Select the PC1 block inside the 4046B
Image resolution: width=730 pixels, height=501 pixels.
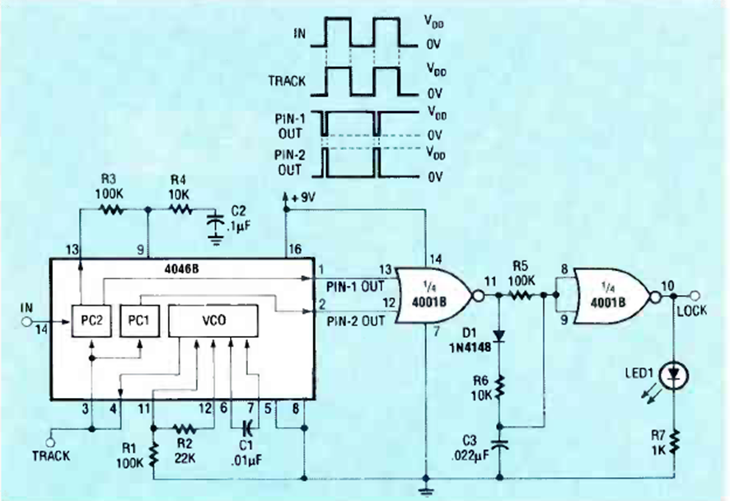(x=138, y=317)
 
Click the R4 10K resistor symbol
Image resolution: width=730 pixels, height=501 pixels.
(x=180, y=209)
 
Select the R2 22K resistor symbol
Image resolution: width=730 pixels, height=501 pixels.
(x=184, y=428)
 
